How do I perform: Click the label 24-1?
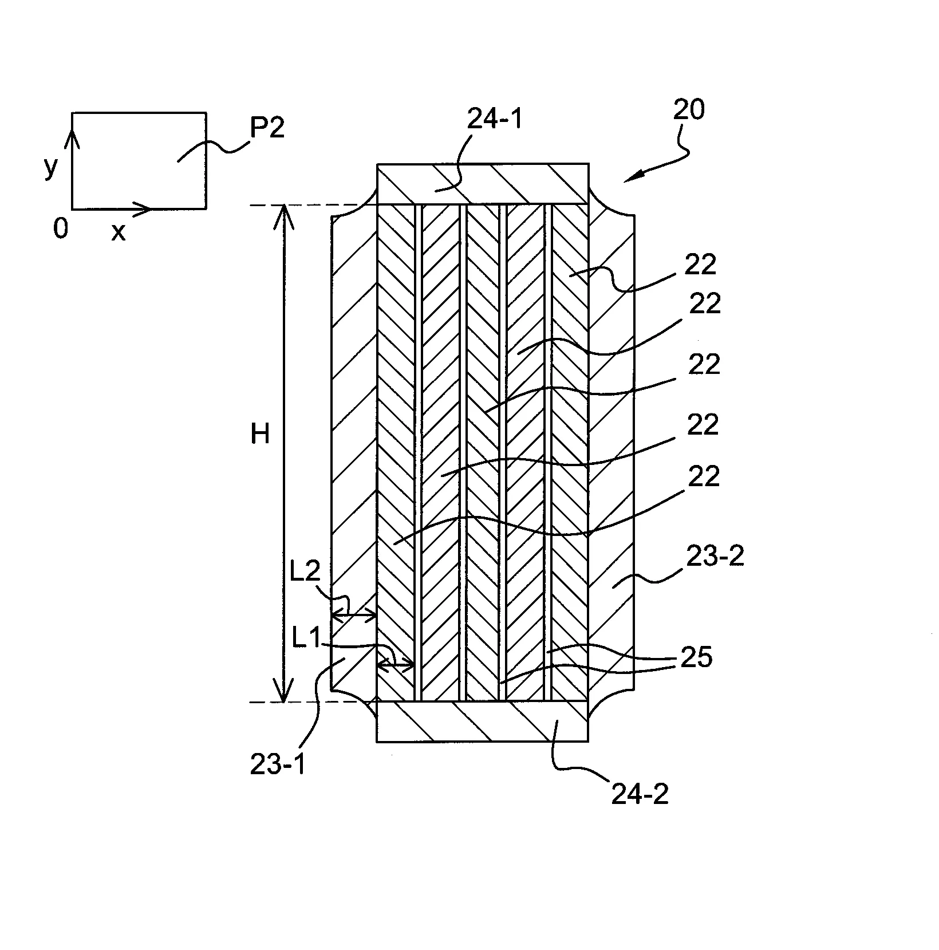pos(496,119)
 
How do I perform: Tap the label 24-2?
pos(641,794)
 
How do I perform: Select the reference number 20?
pos(689,109)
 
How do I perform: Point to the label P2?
pos(267,129)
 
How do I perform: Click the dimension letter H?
pos(261,435)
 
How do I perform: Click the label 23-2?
pos(715,556)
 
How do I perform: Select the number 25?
pos(696,658)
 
